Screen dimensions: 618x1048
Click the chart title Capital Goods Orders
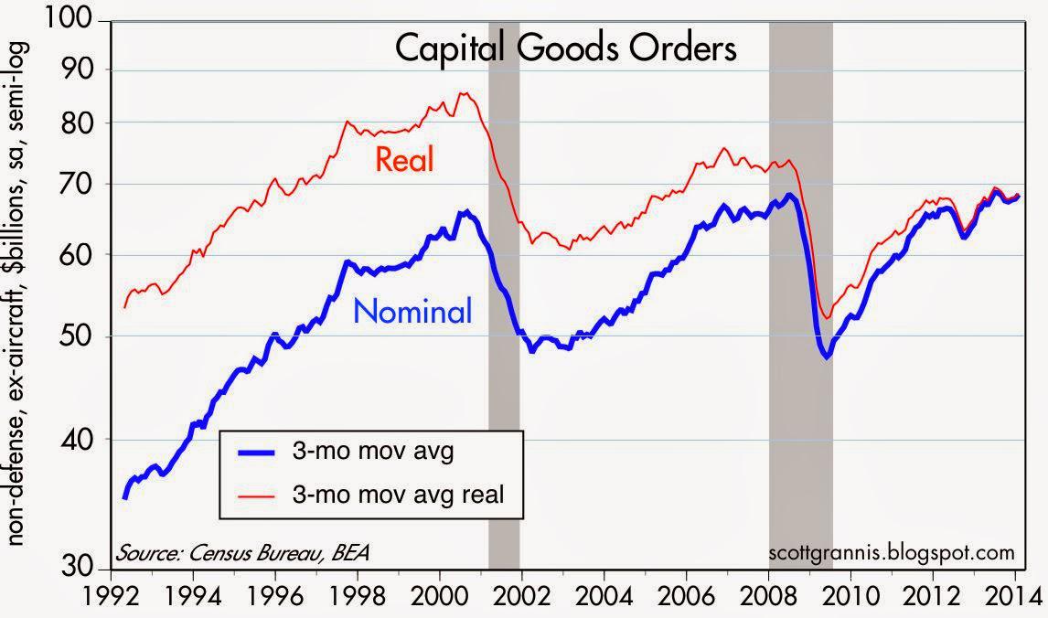(x=564, y=48)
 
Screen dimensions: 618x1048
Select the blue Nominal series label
(x=412, y=312)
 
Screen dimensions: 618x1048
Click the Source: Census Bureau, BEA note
(x=243, y=552)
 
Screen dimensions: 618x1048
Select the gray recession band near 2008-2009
(x=800, y=274)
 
